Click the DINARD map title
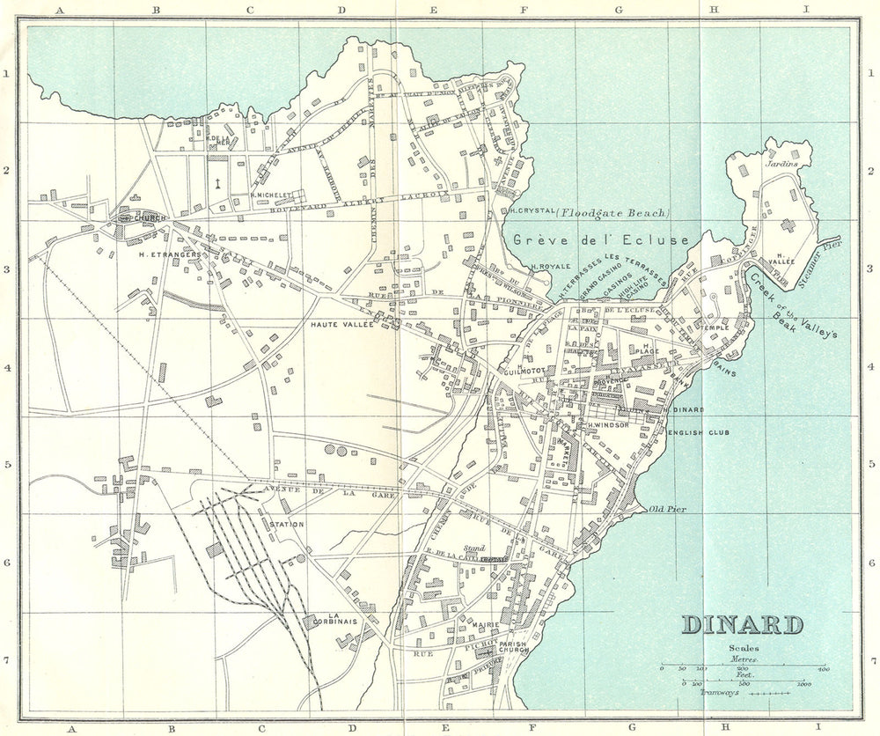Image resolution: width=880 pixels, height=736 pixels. (743, 624)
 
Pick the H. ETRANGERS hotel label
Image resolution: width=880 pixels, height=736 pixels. (171, 254)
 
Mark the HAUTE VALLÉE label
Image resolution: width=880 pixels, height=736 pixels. (342, 325)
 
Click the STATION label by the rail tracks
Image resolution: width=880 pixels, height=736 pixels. (287, 525)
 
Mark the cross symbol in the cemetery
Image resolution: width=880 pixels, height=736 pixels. (216, 183)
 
